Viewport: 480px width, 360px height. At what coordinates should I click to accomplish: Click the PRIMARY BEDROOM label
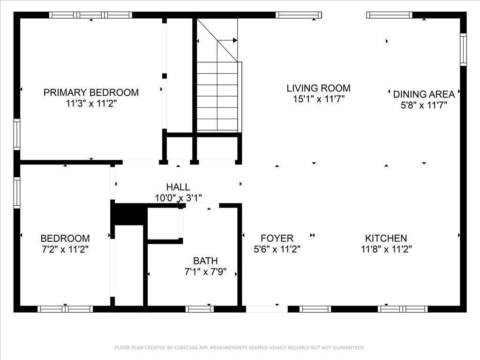(x=91, y=92)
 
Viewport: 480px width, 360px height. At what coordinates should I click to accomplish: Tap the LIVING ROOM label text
(x=318, y=88)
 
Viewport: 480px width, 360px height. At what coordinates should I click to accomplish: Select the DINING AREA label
(x=424, y=94)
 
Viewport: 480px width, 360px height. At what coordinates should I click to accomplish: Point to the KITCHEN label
(x=386, y=238)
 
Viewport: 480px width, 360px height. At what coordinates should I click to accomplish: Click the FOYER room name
(x=277, y=238)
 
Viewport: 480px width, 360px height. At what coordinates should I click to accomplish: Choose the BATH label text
(x=205, y=261)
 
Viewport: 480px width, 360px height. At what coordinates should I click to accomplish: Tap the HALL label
(x=178, y=187)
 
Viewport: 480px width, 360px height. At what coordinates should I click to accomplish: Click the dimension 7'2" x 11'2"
(x=65, y=249)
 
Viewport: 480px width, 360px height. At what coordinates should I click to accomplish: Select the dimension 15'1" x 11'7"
(x=319, y=99)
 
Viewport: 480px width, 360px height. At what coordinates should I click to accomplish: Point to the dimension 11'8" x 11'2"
(x=386, y=249)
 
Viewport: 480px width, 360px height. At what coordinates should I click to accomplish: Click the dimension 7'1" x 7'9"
(x=205, y=271)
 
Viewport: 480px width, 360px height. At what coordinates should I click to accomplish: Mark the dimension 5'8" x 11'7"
(x=424, y=105)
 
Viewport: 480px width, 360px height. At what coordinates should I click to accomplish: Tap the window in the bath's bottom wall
(x=200, y=309)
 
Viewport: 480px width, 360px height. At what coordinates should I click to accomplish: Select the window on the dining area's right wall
(x=464, y=50)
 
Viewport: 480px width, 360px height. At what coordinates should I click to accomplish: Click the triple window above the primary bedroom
(x=91, y=15)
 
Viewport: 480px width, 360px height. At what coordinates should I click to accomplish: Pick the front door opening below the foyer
(x=267, y=309)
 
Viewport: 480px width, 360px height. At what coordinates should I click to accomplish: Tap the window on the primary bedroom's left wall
(x=17, y=135)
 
